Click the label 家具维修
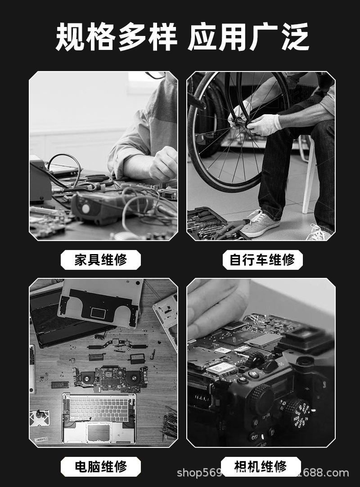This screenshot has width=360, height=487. [x=101, y=260]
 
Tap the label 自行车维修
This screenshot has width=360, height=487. [x=262, y=260]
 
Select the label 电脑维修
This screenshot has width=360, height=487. [x=101, y=466]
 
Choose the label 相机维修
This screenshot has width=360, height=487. [x=261, y=466]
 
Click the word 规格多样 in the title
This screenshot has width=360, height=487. [x=116, y=38]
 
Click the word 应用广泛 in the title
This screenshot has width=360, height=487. [x=248, y=38]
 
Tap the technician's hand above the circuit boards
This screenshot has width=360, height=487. [x=163, y=164]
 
